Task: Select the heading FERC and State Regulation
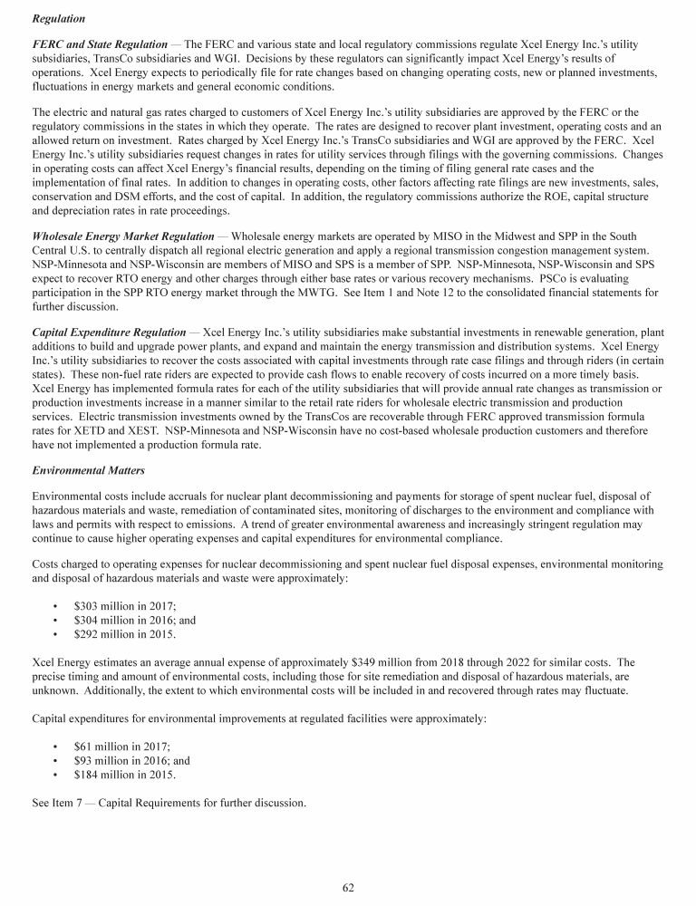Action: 100,43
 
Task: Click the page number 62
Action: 348,888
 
